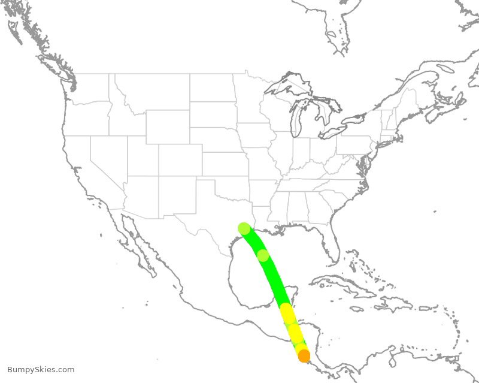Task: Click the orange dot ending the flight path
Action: [304, 356]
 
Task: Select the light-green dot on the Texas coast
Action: [244, 228]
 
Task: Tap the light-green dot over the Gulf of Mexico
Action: [263, 255]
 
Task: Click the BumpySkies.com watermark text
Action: [41, 370]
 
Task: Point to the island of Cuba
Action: [341, 285]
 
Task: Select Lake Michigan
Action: [295, 120]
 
